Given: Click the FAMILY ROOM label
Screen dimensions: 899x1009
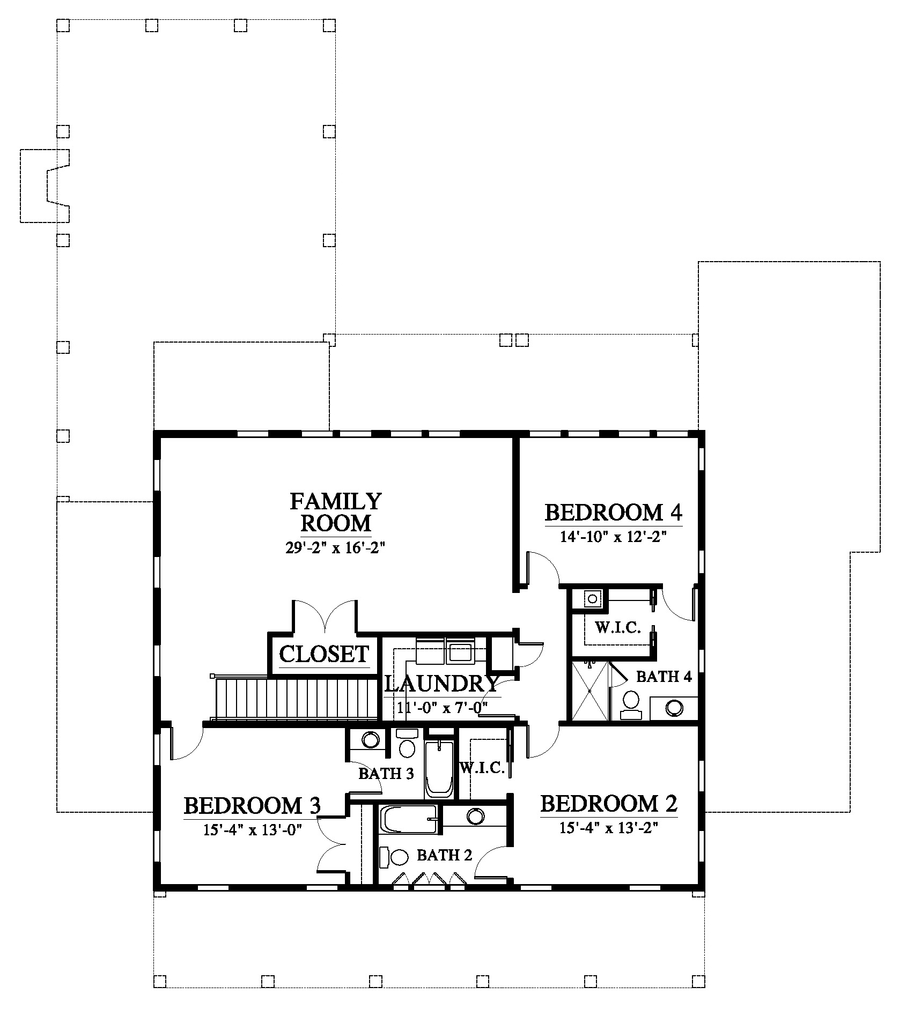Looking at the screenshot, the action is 336,511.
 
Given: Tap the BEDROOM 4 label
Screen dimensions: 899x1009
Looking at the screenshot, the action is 614,513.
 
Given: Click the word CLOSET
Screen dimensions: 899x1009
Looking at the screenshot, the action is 324,654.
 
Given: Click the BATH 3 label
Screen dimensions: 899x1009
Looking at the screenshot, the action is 386,774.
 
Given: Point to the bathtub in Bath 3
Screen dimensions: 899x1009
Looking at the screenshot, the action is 439,770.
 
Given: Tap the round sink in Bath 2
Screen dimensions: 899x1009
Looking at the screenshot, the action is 475,817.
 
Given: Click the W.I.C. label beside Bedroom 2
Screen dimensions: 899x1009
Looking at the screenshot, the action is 482,768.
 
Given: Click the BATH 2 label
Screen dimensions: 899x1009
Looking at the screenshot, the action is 444,855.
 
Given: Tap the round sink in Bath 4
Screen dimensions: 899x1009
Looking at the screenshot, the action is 674,708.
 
